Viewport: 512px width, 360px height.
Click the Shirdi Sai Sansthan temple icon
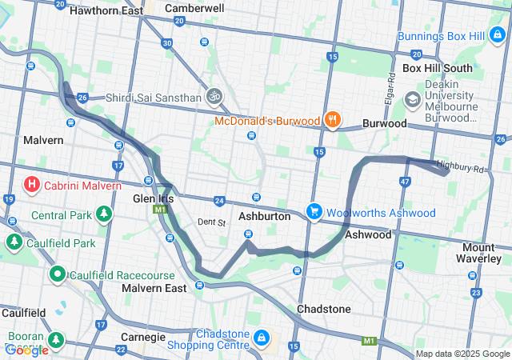click(213, 98)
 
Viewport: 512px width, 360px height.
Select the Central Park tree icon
click(103, 214)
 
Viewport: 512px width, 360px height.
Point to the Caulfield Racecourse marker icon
click(58, 274)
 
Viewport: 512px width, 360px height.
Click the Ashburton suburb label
click(264, 216)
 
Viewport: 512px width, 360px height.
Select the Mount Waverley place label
click(488, 254)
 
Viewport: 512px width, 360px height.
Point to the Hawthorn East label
click(106, 11)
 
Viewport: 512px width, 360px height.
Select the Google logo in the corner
click(26, 350)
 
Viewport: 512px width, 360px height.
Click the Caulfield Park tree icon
click(14, 242)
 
